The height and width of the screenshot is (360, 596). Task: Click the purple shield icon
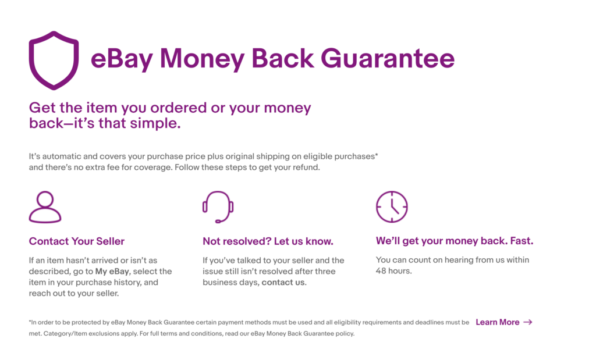point(54,60)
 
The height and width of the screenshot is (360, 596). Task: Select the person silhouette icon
point(45,207)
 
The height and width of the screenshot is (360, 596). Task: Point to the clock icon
point(392,206)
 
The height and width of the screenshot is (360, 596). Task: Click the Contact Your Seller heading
point(77,241)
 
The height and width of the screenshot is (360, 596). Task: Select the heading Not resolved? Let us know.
point(268,241)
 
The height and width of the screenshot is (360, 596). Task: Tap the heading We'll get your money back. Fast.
point(455,241)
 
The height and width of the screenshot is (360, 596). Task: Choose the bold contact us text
point(283,283)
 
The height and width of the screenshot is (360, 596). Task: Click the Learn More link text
point(497,322)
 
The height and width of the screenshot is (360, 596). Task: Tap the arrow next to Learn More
point(528,322)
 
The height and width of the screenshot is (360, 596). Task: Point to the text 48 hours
point(394,271)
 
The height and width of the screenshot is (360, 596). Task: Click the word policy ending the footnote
point(343,334)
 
